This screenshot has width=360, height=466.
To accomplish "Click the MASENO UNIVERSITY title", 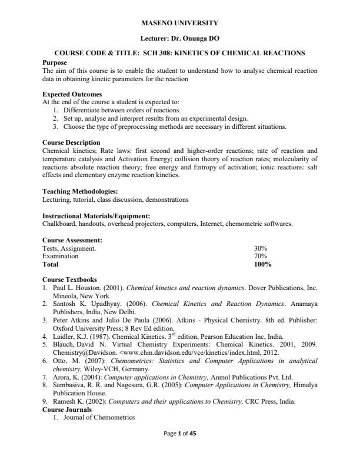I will pyautogui.click(x=180, y=23).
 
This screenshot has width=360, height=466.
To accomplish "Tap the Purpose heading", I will pyautogui.click(x=55, y=62).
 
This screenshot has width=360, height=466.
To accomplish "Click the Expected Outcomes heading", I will pyautogui.click(x=72, y=94).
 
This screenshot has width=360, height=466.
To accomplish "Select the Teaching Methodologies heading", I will pyautogui.click(x=80, y=191).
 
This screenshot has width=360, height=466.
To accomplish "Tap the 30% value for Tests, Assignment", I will pyautogui.click(x=261, y=248).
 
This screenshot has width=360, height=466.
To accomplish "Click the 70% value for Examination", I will pyautogui.click(x=261, y=257).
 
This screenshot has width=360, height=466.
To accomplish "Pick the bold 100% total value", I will pyautogui.click(x=262, y=265).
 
